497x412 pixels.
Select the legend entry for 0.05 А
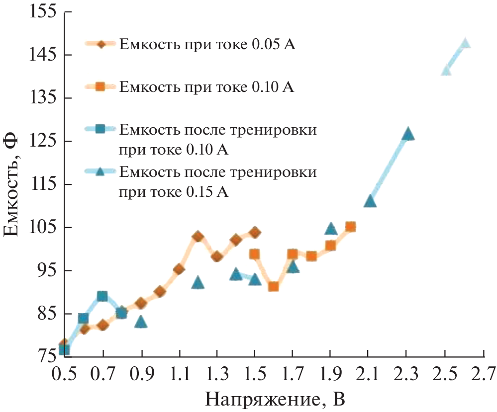coord(207,45)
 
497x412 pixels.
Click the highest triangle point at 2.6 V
coord(465,43)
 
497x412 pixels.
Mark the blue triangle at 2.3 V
coord(408,134)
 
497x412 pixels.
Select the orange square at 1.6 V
coord(273,286)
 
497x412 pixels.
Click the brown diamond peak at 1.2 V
coord(198,237)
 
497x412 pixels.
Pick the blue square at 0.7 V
coord(102,297)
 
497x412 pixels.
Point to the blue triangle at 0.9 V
coord(141,322)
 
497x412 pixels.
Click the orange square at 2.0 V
coord(350,227)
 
